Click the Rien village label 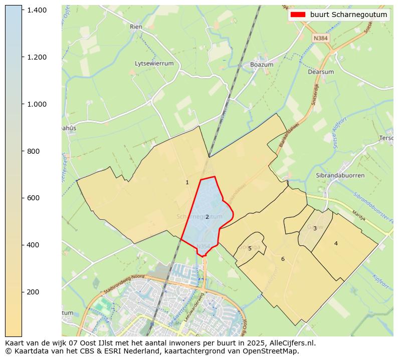136,27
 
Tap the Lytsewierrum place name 154,64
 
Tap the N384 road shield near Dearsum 320,38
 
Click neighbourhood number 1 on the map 187,183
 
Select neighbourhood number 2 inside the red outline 207,217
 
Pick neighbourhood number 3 315,228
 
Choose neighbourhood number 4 336,243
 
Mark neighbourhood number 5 250,248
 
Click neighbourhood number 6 283,259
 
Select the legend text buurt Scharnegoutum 348,15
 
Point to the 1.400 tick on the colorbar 37,10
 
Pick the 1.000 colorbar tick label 37,104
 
